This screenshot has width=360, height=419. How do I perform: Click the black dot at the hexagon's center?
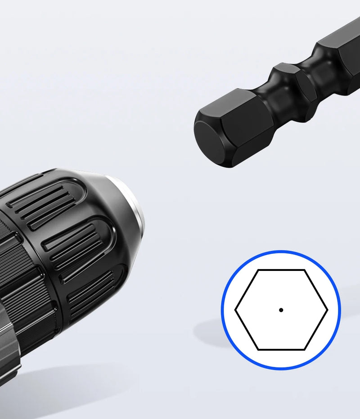point(281,310)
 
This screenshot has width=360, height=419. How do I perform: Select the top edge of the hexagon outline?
point(281,270)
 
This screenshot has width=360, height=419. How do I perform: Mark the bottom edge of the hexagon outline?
point(281,350)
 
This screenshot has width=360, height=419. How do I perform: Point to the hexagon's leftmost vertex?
point(235,310)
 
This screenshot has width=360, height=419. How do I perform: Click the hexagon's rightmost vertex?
point(328,310)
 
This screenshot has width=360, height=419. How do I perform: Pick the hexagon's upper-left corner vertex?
point(258,270)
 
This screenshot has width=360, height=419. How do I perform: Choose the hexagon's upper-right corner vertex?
point(305,270)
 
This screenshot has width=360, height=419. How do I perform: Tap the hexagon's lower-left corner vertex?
point(258,350)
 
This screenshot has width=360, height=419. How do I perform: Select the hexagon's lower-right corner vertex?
point(305,350)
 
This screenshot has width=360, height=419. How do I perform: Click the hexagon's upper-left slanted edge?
point(247,290)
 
